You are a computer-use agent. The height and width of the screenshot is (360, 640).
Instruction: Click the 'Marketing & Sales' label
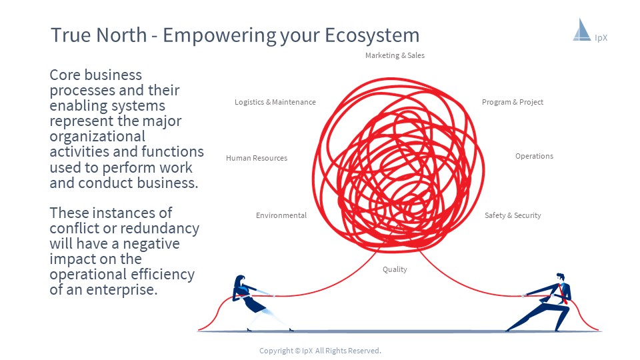(x=395, y=55)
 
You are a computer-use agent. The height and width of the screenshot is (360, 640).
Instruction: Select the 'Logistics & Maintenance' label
(x=275, y=102)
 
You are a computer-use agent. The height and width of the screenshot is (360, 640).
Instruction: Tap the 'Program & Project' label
(x=512, y=102)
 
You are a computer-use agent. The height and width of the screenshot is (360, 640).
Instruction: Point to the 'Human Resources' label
(x=256, y=158)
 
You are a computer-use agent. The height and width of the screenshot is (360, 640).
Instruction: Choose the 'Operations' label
(x=534, y=156)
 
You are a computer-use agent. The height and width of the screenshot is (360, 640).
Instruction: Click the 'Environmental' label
(x=281, y=215)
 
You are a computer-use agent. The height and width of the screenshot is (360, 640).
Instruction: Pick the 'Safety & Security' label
(x=513, y=215)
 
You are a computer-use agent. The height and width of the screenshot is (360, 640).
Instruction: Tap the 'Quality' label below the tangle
(x=395, y=269)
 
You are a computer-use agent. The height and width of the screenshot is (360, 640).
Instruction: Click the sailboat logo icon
(x=581, y=30)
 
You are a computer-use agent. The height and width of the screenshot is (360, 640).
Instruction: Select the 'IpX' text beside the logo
(x=601, y=38)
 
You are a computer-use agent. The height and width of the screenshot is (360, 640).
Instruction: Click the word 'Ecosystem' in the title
(x=372, y=35)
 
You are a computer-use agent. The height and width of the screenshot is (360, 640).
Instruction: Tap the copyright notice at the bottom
(x=320, y=351)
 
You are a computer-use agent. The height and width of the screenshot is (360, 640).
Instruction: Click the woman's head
(x=240, y=281)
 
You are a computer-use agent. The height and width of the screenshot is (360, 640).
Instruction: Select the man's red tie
(x=564, y=294)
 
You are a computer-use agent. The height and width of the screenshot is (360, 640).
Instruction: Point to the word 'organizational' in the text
(x=97, y=137)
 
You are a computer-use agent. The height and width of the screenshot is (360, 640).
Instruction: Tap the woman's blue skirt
(x=254, y=305)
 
